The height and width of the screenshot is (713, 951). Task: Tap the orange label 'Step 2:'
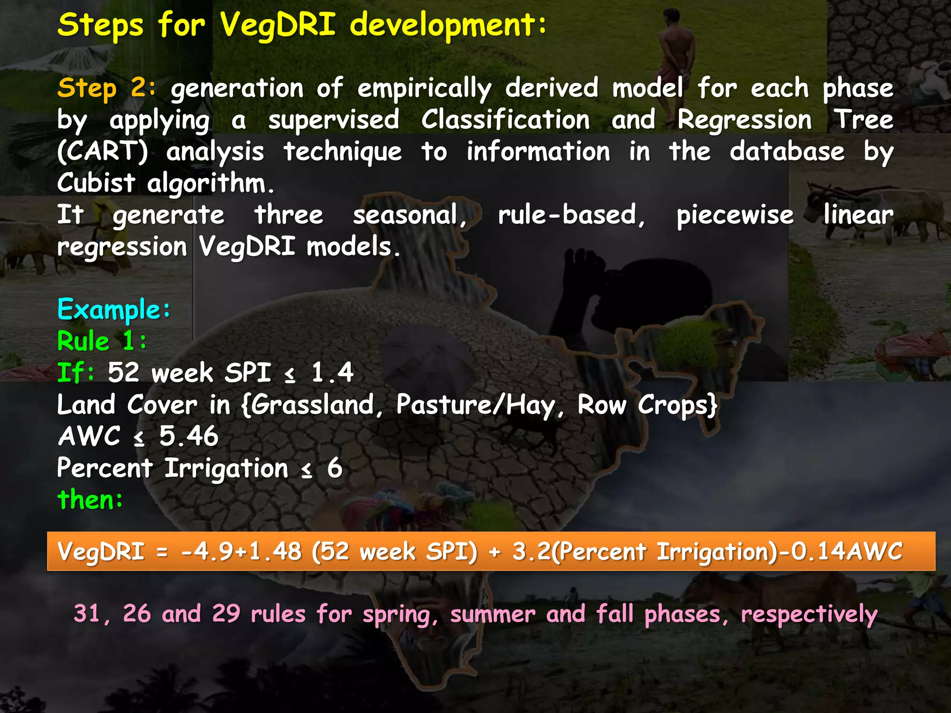106,88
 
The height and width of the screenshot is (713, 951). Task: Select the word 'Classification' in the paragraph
505,120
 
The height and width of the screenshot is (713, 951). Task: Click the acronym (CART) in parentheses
102,152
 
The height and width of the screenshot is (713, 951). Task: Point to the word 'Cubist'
96,183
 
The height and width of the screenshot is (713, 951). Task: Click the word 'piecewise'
735,215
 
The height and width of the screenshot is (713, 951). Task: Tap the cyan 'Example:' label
114,309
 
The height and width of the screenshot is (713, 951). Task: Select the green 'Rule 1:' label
102,341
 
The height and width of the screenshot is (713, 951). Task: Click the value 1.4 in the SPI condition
332,373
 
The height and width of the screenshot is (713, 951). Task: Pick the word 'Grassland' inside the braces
313,405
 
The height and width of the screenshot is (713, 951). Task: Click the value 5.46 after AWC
189,436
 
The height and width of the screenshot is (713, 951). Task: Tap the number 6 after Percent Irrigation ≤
334,468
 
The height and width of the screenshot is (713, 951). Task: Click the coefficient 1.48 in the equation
275,551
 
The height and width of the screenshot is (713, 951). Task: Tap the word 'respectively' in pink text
809,614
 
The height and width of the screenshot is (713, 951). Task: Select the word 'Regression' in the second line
744,120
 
